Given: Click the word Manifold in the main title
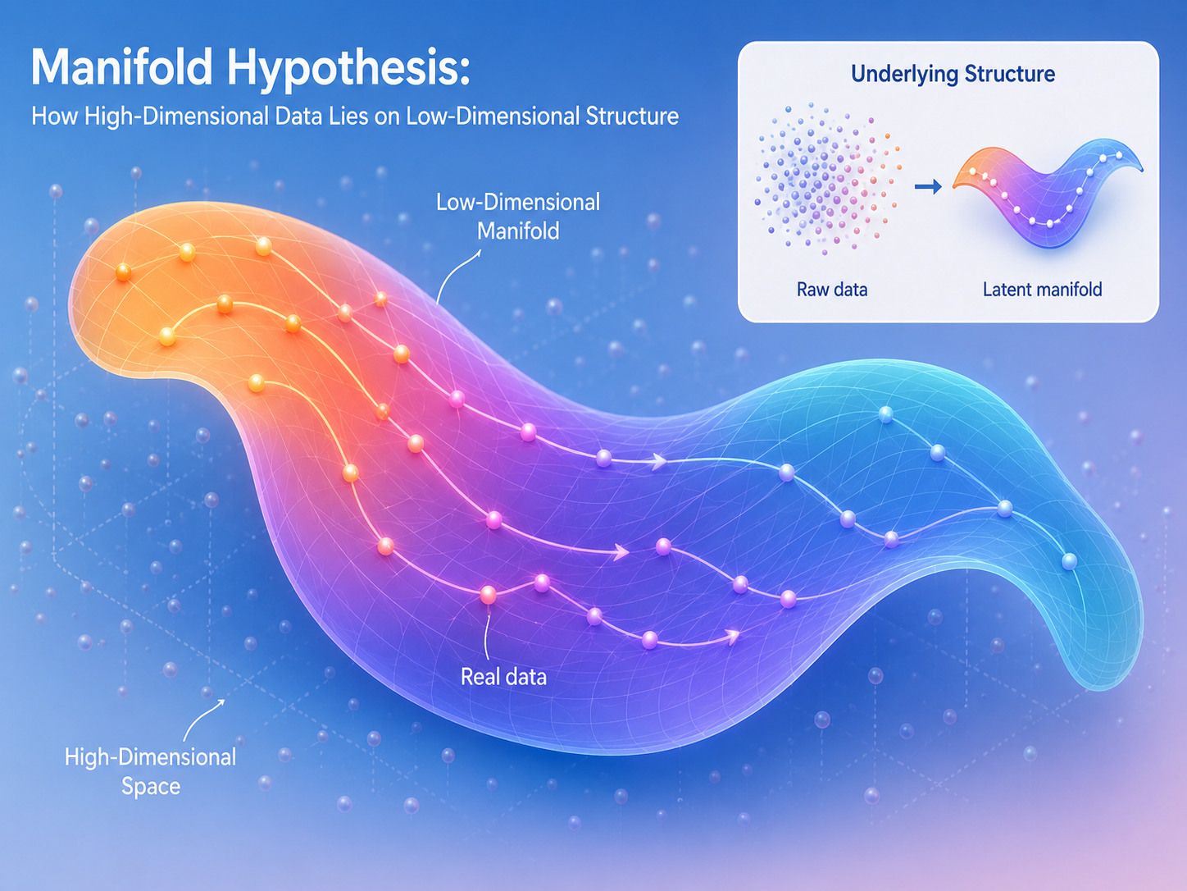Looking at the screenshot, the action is [121, 67].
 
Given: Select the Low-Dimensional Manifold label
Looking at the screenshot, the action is [518, 217].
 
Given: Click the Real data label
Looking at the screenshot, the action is [503, 678].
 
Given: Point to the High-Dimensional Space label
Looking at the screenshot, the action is [150, 772].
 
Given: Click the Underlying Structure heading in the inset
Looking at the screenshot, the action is [953, 74].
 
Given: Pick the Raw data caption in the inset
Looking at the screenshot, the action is [832, 290].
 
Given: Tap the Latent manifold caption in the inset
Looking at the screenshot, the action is [1042, 290].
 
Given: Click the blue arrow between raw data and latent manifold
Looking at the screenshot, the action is [928, 186].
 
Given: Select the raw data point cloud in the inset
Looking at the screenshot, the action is [827, 179].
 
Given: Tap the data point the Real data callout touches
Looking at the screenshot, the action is [488, 595].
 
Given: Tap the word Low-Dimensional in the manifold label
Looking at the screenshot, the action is [518, 203].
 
